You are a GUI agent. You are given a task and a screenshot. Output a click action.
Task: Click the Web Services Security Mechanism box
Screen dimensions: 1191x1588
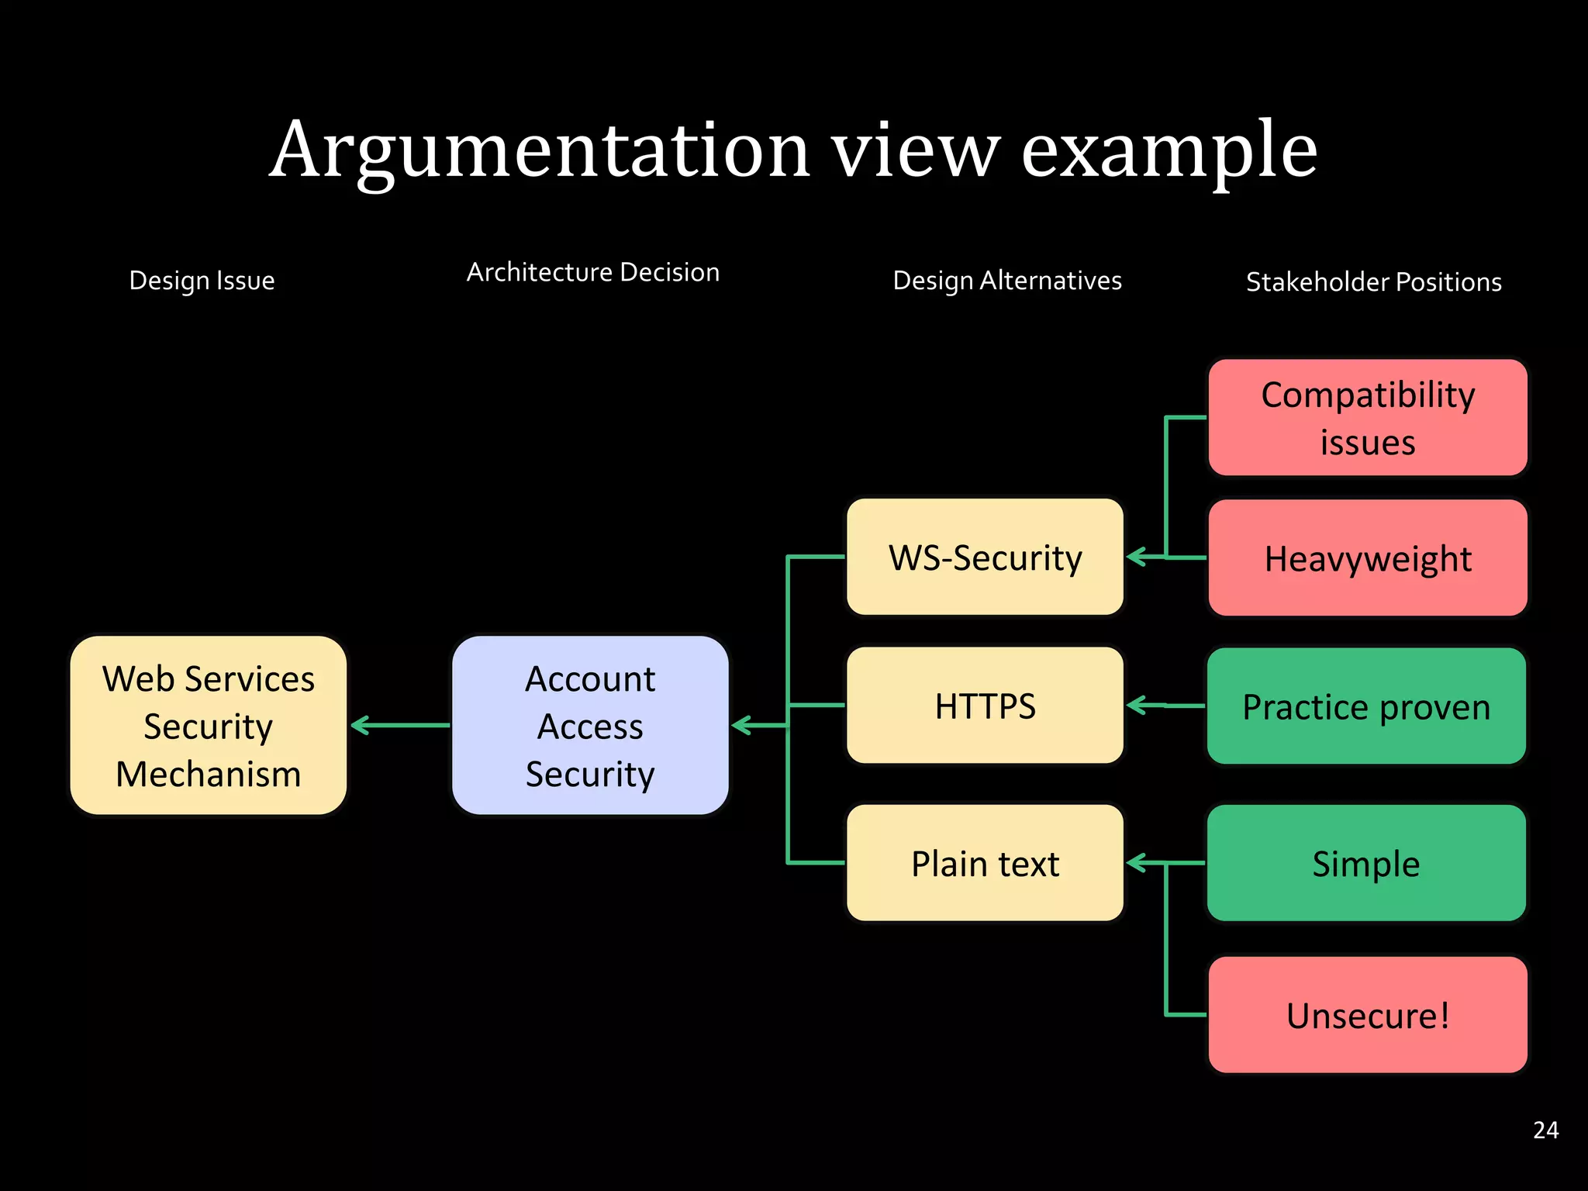(208, 726)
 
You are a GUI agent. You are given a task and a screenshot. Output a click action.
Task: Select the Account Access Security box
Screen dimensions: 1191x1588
(590, 726)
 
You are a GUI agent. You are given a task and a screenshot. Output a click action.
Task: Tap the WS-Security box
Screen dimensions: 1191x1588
(985, 558)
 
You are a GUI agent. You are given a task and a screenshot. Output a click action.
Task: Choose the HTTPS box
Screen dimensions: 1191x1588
(985, 706)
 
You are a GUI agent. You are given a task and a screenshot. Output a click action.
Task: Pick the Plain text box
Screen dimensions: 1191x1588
(985, 863)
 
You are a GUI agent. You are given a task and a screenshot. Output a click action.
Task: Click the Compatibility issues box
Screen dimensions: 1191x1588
(1367, 418)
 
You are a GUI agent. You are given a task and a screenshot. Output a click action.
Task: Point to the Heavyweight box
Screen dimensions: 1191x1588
(1367, 558)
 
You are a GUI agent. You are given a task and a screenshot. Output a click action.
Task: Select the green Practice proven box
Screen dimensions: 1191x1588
(1366, 706)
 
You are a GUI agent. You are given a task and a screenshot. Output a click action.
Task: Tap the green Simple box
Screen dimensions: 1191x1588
(1366, 863)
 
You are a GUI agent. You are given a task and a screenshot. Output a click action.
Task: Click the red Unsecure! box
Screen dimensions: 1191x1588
(1367, 1015)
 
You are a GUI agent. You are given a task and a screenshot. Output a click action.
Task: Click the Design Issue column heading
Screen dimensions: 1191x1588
(202, 280)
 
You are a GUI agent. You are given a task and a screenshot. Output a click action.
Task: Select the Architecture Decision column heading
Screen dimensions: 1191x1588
(593, 272)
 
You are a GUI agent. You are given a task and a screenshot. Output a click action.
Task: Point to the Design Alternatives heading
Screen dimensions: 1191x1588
(1007, 280)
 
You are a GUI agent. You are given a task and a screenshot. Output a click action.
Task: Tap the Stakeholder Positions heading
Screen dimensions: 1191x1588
(1373, 281)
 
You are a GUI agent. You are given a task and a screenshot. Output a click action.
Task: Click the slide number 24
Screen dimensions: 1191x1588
(1545, 1130)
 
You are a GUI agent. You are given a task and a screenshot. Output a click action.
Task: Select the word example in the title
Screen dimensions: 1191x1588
(1169, 151)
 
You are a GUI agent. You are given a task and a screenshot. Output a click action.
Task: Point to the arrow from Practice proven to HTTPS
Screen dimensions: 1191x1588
(1165, 706)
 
